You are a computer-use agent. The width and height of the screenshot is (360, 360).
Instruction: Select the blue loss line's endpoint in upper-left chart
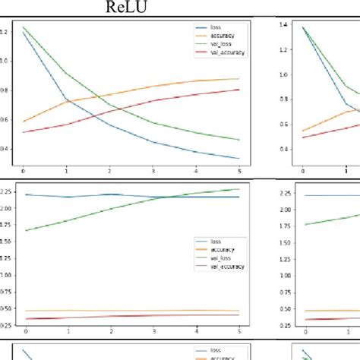coord(239,159)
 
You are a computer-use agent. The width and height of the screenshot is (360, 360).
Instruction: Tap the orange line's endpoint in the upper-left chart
coord(239,78)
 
